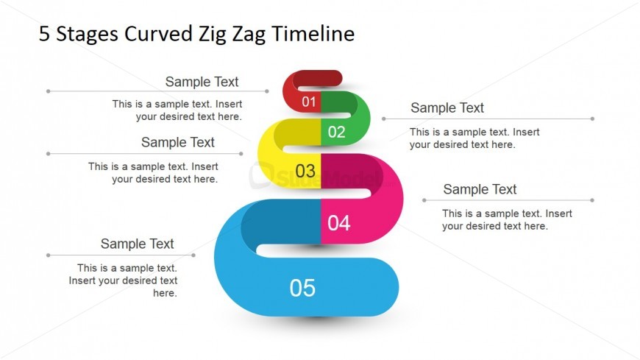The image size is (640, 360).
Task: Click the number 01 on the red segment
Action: [309, 102]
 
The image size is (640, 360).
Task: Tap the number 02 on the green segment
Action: [337, 132]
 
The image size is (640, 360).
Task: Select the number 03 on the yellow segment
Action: [305, 172]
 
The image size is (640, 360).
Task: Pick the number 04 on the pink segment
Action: [339, 223]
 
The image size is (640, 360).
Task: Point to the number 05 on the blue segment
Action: [302, 288]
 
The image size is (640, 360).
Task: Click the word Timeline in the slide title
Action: [313, 33]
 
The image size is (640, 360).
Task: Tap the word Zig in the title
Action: [213, 35]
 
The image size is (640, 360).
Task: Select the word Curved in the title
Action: [158, 33]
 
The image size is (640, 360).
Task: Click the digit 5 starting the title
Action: [44, 34]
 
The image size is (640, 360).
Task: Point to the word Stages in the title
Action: [88, 35]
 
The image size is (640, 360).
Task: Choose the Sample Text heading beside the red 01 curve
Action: [202, 82]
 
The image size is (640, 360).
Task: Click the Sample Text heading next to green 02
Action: [447, 108]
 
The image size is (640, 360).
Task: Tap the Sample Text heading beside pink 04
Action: [480, 189]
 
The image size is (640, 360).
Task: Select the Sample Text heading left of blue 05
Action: [137, 244]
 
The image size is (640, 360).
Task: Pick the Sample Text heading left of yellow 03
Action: [177, 142]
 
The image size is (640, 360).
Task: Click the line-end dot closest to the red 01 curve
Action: [267, 91]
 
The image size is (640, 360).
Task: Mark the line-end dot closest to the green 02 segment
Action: [384, 119]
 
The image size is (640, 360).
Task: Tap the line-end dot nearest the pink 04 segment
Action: [424, 200]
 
